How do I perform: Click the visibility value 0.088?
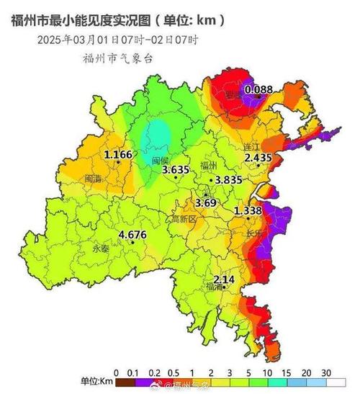point(258,89)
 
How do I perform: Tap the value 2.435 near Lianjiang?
point(257,157)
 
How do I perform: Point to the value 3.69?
point(206,203)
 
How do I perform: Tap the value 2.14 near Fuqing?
point(224,279)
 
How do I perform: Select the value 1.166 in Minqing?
point(118,155)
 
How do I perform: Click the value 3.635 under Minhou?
point(176,171)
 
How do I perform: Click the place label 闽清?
point(93,177)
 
